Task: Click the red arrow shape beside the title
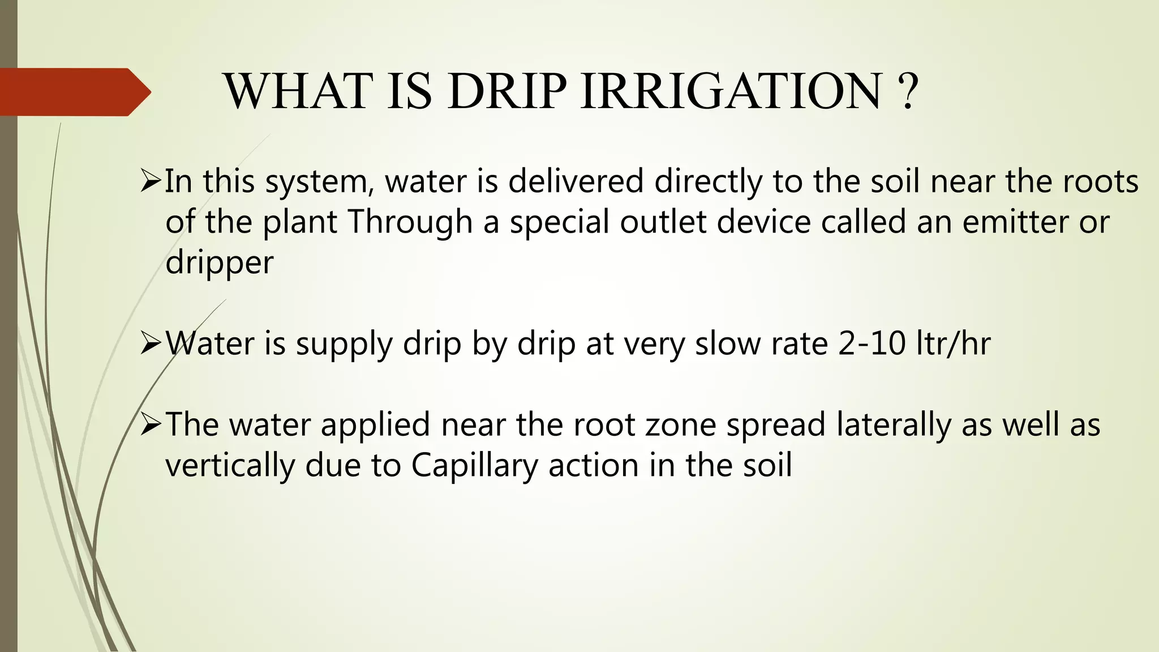pos(74,92)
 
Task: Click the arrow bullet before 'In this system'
pos(151,182)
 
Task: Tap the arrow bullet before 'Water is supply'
pos(151,343)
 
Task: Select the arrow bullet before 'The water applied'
pos(151,424)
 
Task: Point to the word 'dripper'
pos(220,263)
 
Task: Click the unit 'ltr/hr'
pos(954,344)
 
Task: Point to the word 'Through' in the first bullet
pos(410,222)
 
